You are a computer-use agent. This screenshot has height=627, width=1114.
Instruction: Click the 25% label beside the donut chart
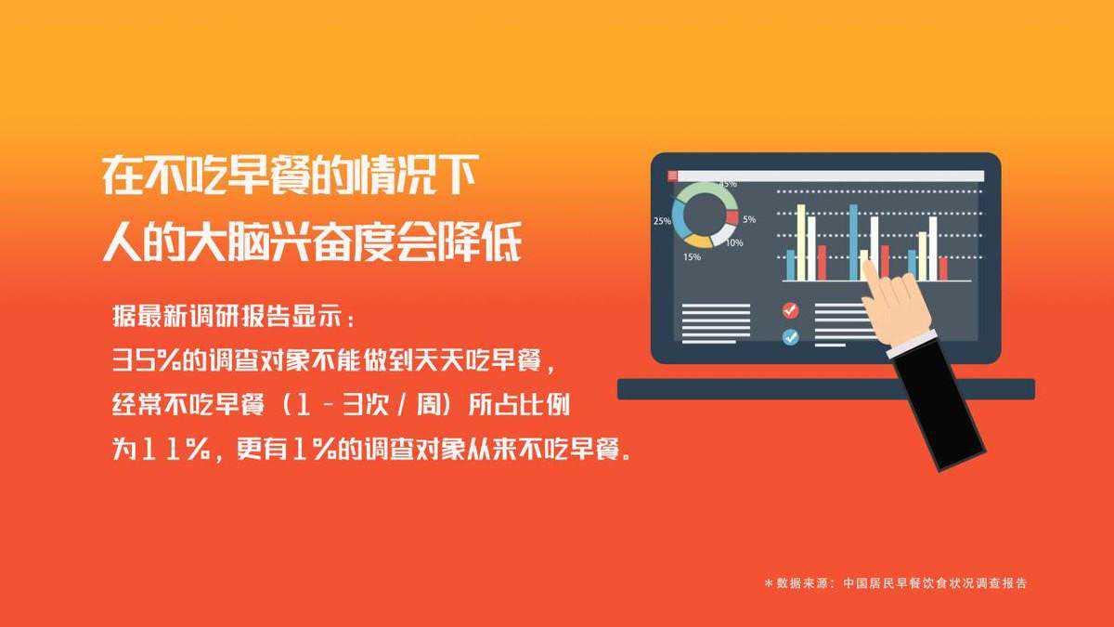662,220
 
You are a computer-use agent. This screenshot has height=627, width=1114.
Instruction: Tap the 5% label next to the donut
749,219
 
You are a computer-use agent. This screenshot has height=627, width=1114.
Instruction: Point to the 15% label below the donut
692,256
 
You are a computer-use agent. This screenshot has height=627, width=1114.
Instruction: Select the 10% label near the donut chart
734,242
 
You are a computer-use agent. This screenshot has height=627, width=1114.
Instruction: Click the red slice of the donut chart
732,217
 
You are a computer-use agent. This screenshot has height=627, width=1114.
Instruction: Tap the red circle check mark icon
790,310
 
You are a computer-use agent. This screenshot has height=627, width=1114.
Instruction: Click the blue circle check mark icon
790,337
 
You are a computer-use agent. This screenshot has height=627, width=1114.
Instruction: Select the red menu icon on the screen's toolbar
672,176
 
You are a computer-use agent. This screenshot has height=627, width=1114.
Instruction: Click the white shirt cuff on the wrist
913,345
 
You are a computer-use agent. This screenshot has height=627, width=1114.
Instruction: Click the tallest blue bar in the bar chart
853,242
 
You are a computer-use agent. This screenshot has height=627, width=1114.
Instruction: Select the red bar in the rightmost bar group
943,268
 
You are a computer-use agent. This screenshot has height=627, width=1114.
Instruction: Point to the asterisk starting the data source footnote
769,582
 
